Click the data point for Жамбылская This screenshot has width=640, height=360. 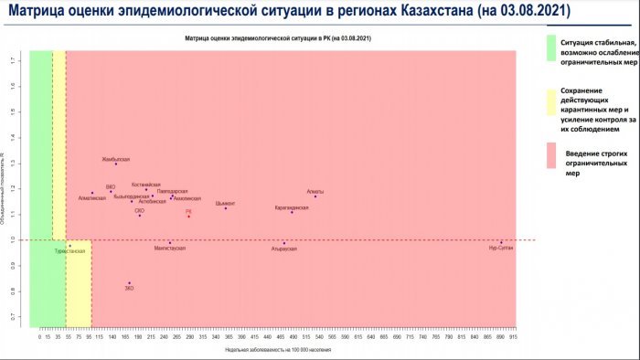pos(116,164)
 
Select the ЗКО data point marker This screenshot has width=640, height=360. pos(130,283)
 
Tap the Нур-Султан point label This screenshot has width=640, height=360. pos(500,249)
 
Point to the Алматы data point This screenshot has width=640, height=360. pos(315,196)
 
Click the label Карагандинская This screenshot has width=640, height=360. pos(292,207)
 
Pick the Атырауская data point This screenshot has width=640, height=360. pos(284,243)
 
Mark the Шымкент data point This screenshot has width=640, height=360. pos(226,208)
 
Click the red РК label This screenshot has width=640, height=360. pos(188,211)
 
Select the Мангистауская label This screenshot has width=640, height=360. pos(170,248)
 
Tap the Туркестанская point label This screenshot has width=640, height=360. pos(70,250)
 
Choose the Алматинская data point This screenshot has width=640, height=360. pos(92,193)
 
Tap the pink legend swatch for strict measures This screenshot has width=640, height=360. pos(551,155)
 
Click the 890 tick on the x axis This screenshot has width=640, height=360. pos(500,337)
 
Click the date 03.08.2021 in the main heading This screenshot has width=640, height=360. pos(528,14)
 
